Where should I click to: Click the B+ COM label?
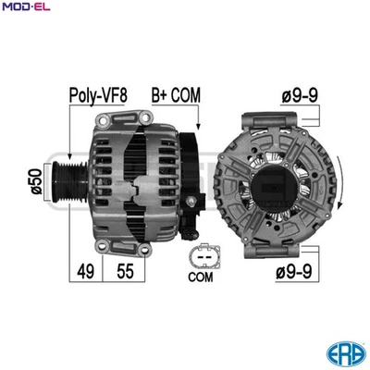pos(176,95)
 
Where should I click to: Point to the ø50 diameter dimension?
pos(36,181)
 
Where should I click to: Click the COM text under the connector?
pos(201,276)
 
